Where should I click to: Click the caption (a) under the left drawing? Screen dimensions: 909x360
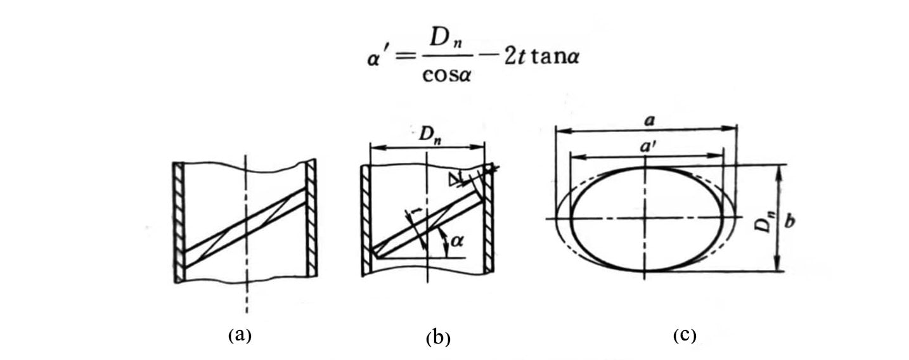pos(240,335)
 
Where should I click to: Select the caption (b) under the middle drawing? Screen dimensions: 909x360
pos(438,338)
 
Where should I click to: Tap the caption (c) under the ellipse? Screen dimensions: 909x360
pos(685,335)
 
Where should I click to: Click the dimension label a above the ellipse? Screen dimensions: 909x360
pos(650,121)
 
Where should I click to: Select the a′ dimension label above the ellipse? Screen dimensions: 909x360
pos(648,146)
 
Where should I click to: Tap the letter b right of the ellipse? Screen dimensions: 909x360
pos(790,221)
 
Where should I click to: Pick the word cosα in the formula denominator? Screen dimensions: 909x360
pos(446,75)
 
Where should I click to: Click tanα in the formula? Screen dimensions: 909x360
pos(555,57)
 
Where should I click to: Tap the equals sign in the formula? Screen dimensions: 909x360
pos(406,57)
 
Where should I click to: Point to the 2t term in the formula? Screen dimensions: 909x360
pos(515,57)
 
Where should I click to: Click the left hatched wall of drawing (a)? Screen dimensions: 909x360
pos(179,222)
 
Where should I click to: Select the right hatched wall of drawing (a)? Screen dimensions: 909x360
pos(311,217)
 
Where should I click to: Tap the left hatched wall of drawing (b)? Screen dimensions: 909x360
pos(366,220)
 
